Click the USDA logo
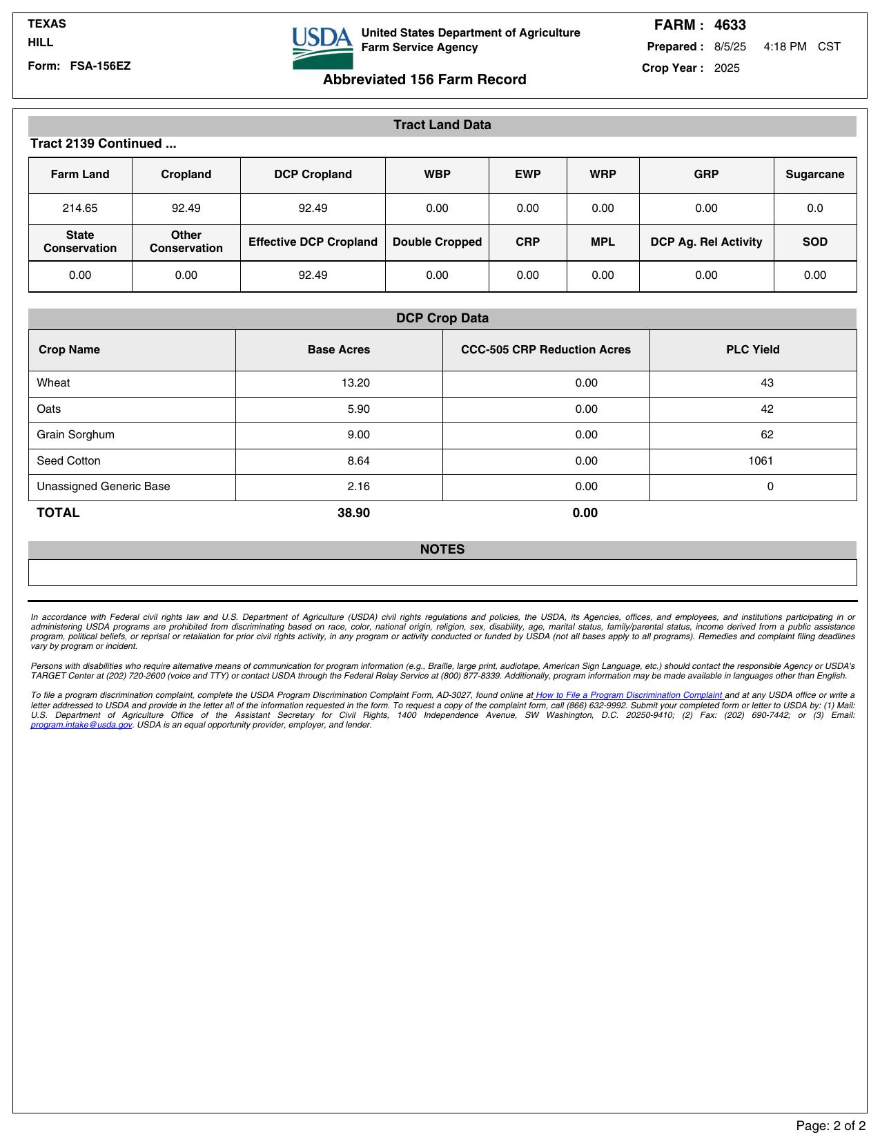(322, 48)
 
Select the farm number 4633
(730, 26)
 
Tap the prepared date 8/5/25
(730, 47)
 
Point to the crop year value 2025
(726, 68)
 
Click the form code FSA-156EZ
(100, 66)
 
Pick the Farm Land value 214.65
(80, 208)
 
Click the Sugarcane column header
(814, 175)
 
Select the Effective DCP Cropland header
(313, 242)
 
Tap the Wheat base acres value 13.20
(355, 383)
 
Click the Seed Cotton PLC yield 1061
(761, 461)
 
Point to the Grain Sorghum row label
(75, 435)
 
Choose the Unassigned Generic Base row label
(103, 487)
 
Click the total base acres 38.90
(353, 513)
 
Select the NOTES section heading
(442, 549)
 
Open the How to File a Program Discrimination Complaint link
(629, 695)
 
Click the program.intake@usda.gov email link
(81, 725)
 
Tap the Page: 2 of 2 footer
(830, 1126)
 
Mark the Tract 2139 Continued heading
(103, 144)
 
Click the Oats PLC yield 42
(767, 409)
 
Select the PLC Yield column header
(752, 350)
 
